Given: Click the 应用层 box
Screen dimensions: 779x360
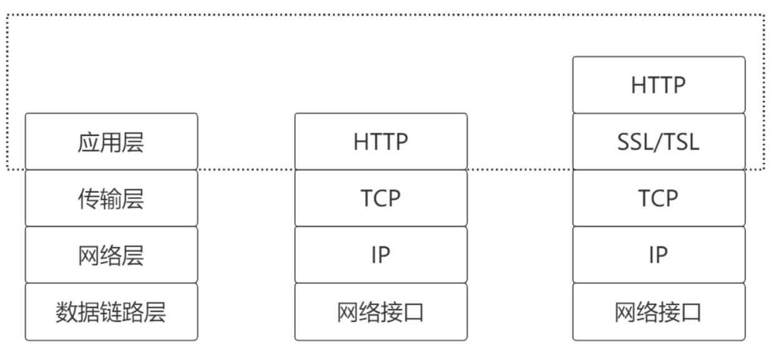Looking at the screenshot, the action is [x=111, y=142].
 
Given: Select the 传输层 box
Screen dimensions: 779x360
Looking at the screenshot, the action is [x=111, y=198].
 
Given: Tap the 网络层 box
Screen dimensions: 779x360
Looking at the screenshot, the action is [x=111, y=255].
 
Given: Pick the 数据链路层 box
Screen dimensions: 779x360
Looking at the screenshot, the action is [x=111, y=312].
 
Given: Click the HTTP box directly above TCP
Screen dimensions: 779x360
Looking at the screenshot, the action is [x=381, y=142].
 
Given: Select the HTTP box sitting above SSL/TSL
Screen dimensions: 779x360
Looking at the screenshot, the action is [x=659, y=85].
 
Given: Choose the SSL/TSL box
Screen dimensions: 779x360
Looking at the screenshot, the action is [x=659, y=142].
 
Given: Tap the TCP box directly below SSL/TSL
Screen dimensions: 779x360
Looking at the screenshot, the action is [x=659, y=198].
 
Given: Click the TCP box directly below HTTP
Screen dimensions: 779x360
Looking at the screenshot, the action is [x=381, y=198].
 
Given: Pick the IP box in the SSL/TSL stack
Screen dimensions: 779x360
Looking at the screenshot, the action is [x=659, y=255].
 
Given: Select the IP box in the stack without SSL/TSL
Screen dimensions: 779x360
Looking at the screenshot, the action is [x=381, y=255].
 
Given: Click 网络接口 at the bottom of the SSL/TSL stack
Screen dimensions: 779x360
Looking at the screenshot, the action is [x=659, y=312].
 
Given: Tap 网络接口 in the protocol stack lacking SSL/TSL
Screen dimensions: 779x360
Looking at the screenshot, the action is [x=381, y=312].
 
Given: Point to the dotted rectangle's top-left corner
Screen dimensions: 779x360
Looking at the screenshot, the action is [x=7, y=14].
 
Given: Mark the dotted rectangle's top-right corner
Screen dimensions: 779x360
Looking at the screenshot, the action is [x=765, y=14].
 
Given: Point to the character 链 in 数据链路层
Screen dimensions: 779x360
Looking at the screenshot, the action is [x=112, y=312].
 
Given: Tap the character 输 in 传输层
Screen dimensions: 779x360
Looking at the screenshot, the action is [x=111, y=198].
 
